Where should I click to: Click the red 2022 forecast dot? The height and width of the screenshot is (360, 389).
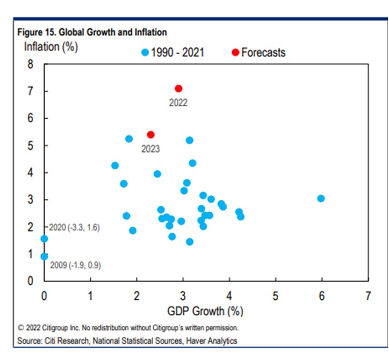point(178,88)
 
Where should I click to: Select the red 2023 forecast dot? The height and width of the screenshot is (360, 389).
point(151,134)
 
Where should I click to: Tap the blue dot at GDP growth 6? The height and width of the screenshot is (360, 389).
point(321,198)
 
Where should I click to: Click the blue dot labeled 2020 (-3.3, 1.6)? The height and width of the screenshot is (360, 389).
point(44,239)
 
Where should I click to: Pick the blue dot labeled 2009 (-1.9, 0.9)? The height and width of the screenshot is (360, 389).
point(44,257)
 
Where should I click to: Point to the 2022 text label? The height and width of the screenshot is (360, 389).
point(178,102)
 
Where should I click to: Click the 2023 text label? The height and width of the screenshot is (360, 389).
point(150,149)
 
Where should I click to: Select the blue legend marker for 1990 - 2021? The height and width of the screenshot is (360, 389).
point(144,53)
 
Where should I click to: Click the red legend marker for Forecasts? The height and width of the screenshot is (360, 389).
point(235,53)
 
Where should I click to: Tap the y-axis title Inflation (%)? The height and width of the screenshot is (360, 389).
point(51,47)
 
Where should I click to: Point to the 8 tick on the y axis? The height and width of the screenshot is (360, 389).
point(31,64)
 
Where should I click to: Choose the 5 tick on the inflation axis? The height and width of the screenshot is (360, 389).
point(31,146)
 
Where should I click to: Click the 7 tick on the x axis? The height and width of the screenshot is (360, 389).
point(368,296)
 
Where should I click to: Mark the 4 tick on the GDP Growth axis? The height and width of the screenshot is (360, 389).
point(229,296)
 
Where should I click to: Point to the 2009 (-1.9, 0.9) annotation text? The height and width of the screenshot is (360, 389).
point(75,265)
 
